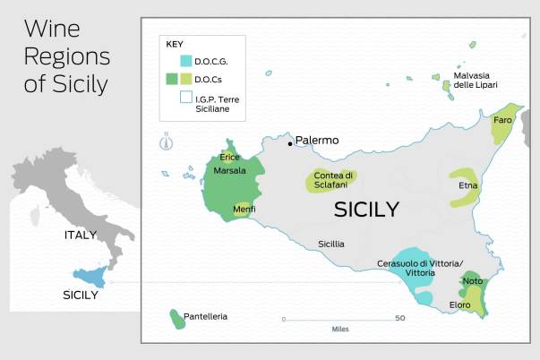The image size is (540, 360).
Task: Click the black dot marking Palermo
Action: [289, 142]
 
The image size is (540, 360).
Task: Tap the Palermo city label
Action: [317, 141]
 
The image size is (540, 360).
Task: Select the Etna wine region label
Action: [468, 185]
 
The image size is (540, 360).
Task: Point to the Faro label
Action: [502, 119]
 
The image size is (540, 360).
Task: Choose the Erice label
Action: [230, 157]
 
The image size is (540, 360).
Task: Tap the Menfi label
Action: [244, 209]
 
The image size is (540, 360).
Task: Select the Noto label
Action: [473, 281]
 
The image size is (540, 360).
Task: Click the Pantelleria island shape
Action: [176, 318]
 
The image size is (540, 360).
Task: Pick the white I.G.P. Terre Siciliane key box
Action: [185, 98]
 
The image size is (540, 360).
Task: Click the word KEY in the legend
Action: [174, 43]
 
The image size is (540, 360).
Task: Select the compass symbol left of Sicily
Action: [165, 141]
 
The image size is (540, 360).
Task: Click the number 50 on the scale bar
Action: [399, 318]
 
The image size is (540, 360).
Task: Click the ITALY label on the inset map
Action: [81, 235]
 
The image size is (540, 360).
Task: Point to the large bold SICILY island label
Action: [365, 210]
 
